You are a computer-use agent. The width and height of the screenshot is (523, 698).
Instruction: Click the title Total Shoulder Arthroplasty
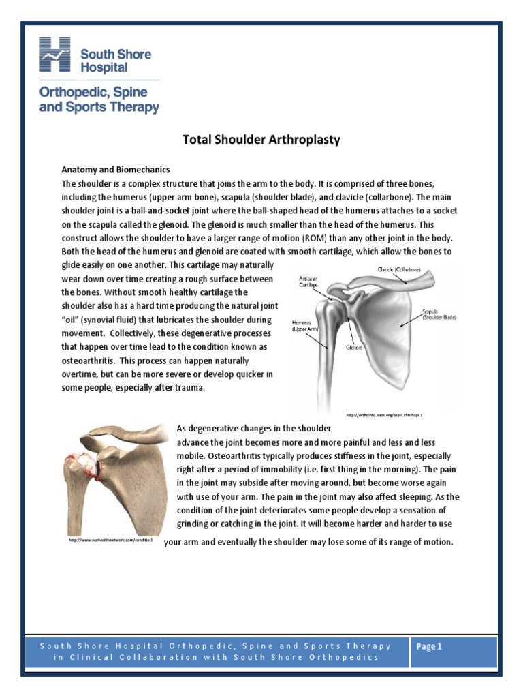(261, 140)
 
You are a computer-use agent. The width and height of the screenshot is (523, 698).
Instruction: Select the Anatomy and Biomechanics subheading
(116, 169)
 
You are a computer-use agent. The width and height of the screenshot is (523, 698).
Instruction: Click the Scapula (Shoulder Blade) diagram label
(439, 314)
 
